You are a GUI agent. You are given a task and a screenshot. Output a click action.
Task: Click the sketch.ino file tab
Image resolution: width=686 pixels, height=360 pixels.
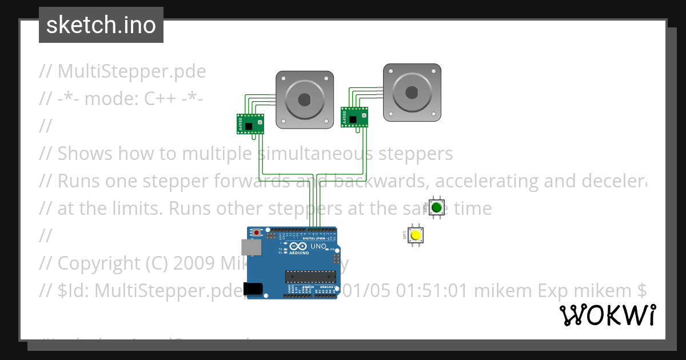click(x=101, y=25)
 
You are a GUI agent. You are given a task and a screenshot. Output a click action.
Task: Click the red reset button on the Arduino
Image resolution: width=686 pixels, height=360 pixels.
click(x=257, y=233)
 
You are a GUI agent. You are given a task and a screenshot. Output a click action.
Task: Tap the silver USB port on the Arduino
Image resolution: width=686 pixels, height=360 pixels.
click(x=249, y=247)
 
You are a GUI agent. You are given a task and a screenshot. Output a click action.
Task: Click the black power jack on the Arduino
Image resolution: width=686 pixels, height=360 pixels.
click(x=253, y=289)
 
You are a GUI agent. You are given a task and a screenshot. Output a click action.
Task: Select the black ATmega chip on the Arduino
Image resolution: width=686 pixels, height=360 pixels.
click(x=310, y=277)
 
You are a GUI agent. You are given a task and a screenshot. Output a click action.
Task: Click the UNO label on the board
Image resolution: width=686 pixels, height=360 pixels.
click(x=318, y=246)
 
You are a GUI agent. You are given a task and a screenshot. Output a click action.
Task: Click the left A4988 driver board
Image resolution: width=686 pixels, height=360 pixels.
click(x=251, y=123)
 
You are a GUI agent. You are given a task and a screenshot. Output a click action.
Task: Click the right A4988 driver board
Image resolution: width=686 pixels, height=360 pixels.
click(x=355, y=117)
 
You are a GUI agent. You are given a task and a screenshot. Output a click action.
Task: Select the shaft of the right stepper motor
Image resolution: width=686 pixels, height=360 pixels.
click(x=412, y=91)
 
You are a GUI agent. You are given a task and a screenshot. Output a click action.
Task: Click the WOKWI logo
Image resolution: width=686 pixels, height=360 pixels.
click(x=607, y=315)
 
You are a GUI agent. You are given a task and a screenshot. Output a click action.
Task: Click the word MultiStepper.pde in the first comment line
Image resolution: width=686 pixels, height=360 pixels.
click(x=131, y=71)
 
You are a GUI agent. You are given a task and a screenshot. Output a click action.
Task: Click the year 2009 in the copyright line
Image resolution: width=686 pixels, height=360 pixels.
click(x=193, y=263)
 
